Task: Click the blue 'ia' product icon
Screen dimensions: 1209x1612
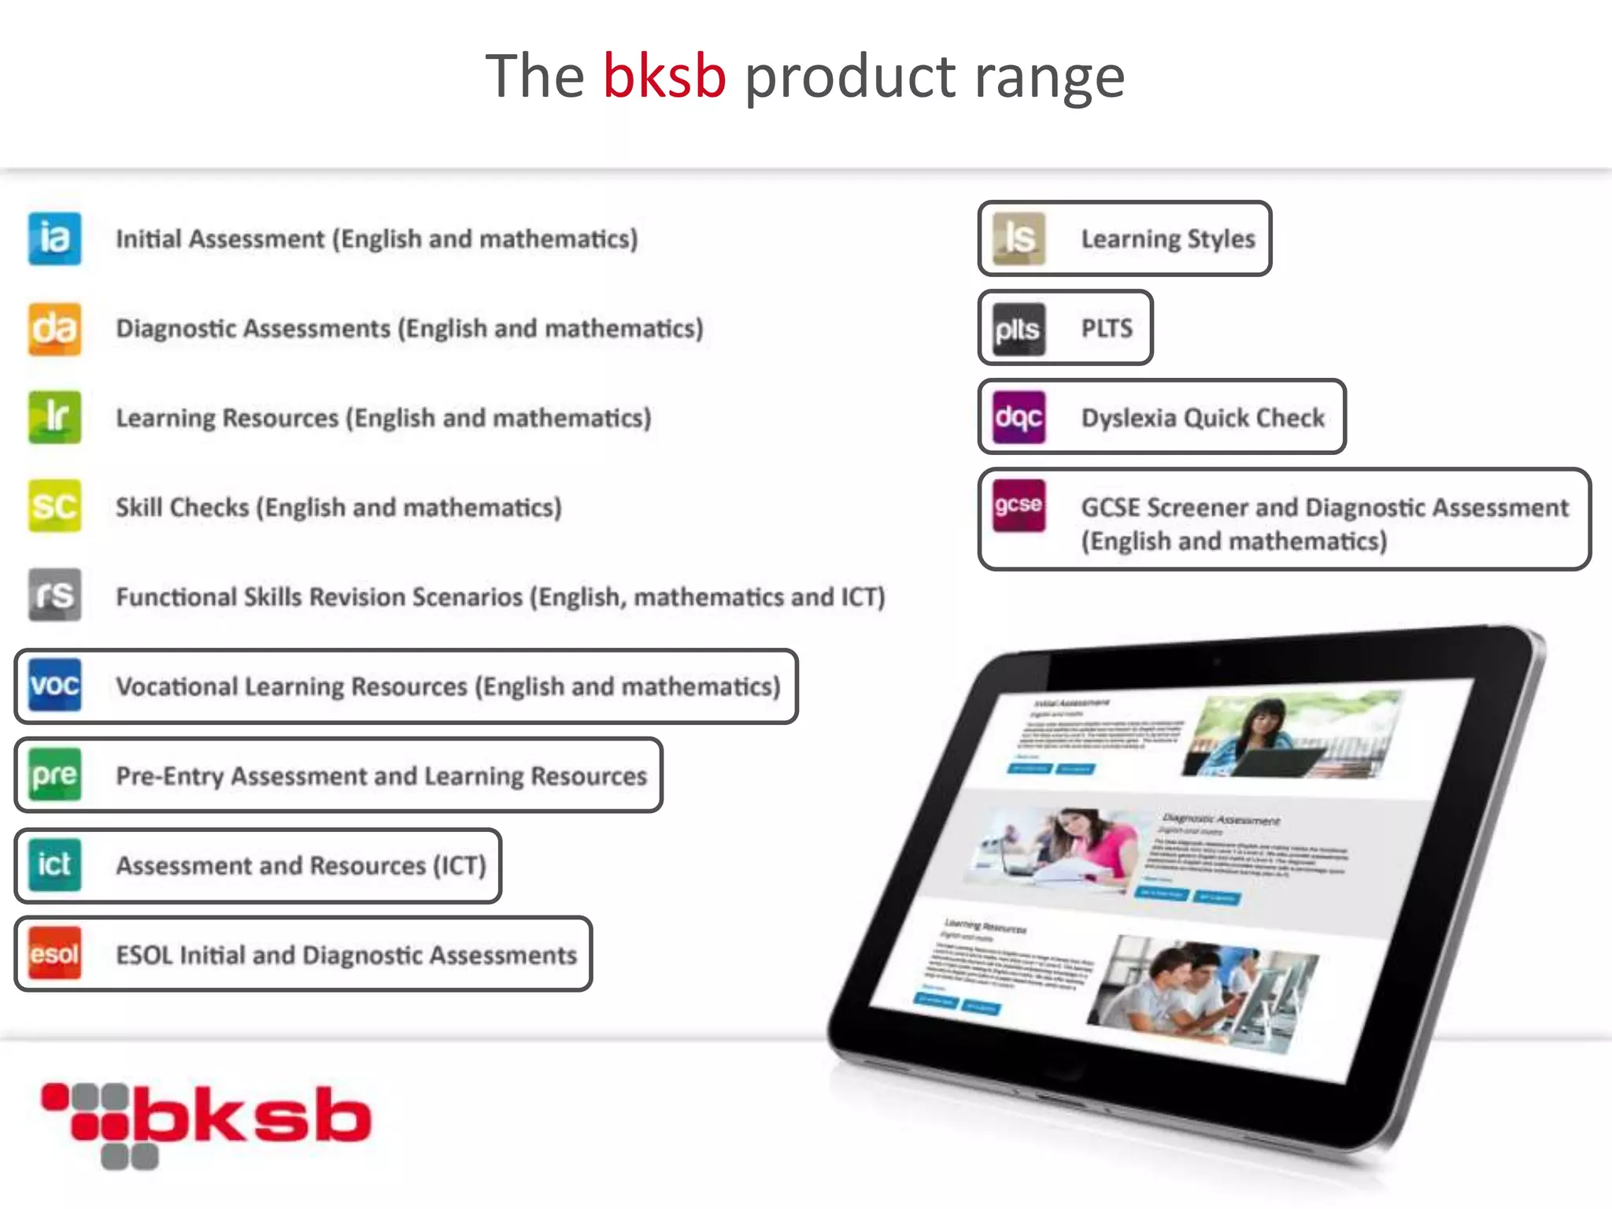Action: tap(54, 238)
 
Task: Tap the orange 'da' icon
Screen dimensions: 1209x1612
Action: tap(54, 328)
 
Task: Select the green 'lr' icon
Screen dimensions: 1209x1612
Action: tap(54, 417)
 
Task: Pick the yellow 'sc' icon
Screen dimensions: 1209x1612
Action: tap(54, 506)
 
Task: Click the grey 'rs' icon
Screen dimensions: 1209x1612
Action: tap(54, 595)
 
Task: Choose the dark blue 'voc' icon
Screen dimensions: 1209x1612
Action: tap(54, 685)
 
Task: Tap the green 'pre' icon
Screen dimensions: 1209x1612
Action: tap(54, 775)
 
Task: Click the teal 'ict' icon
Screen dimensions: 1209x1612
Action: tap(54, 864)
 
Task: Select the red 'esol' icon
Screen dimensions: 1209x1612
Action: tap(54, 953)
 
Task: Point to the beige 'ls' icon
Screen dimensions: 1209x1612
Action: tap(1019, 238)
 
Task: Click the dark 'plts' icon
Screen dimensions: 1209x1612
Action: tap(1019, 328)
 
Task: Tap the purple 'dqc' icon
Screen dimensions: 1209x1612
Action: tap(1019, 417)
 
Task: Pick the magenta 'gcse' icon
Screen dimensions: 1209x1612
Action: tap(1019, 505)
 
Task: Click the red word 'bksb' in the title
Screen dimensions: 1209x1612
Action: tap(664, 76)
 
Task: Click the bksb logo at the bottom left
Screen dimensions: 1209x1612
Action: tap(206, 1124)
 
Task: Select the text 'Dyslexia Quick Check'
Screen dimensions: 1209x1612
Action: tap(1203, 418)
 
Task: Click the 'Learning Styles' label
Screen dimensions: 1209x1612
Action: tap(1168, 238)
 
